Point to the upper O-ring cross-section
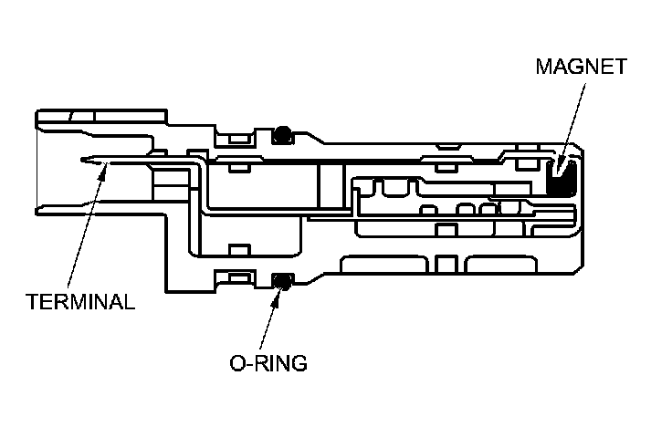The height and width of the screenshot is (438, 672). pyautogui.click(x=283, y=134)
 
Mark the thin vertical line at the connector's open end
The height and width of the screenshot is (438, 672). pyautogui.click(x=36, y=165)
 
